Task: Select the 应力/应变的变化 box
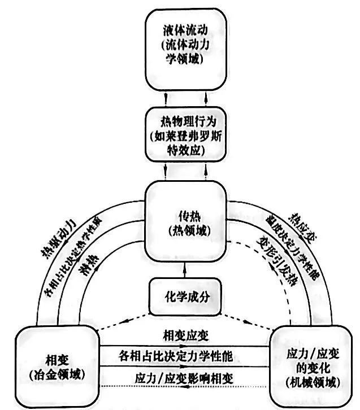pyautogui.click(x=311, y=364)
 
